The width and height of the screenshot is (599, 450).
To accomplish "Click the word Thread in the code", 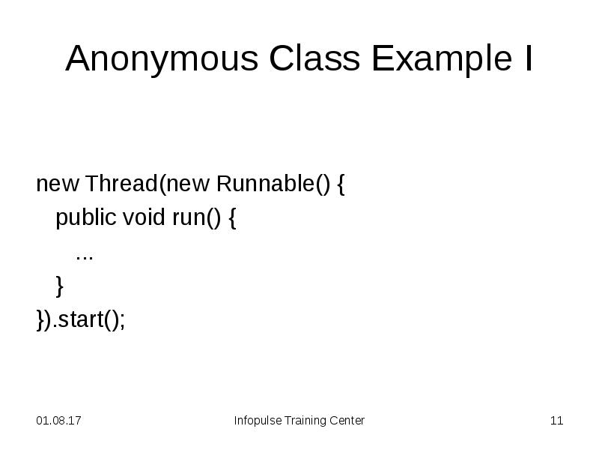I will point(121,184).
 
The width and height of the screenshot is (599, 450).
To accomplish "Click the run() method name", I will point(194,218).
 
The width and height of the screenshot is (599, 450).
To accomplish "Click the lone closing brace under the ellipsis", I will point(60,286).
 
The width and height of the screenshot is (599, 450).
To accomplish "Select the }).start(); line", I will point(81,319).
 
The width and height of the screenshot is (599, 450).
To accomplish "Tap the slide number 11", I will point(556,421).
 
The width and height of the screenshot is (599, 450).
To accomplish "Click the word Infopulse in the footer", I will point(257,421).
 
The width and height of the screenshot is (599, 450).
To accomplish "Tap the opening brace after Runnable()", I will point(341,184).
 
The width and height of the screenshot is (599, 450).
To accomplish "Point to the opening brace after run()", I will point(232,218).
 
